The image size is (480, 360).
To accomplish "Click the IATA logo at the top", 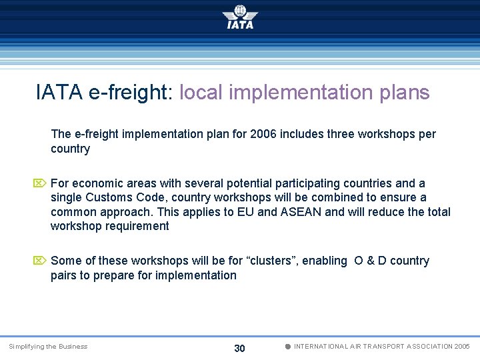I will click(x=240, y=17).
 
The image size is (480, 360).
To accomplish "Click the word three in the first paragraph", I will click(x=339, y=134).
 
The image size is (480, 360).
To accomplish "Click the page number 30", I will click(x=240, y=349).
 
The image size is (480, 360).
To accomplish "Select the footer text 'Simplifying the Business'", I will click(x=48, y=347).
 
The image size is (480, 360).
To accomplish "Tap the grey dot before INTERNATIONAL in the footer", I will click(x=287, y=347).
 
